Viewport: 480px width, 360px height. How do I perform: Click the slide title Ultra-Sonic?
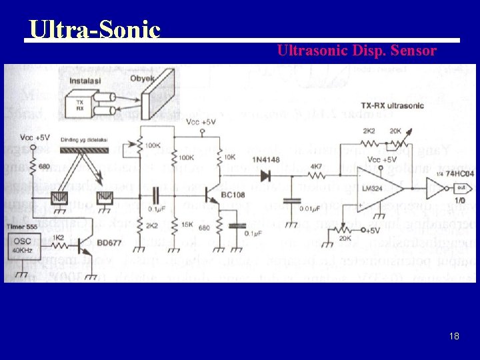(x=94, y=29)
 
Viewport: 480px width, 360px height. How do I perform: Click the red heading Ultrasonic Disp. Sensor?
(x=357, y=50)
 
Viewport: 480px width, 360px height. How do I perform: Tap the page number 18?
(x=454, y=336)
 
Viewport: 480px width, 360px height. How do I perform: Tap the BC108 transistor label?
(x=235, y=199)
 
